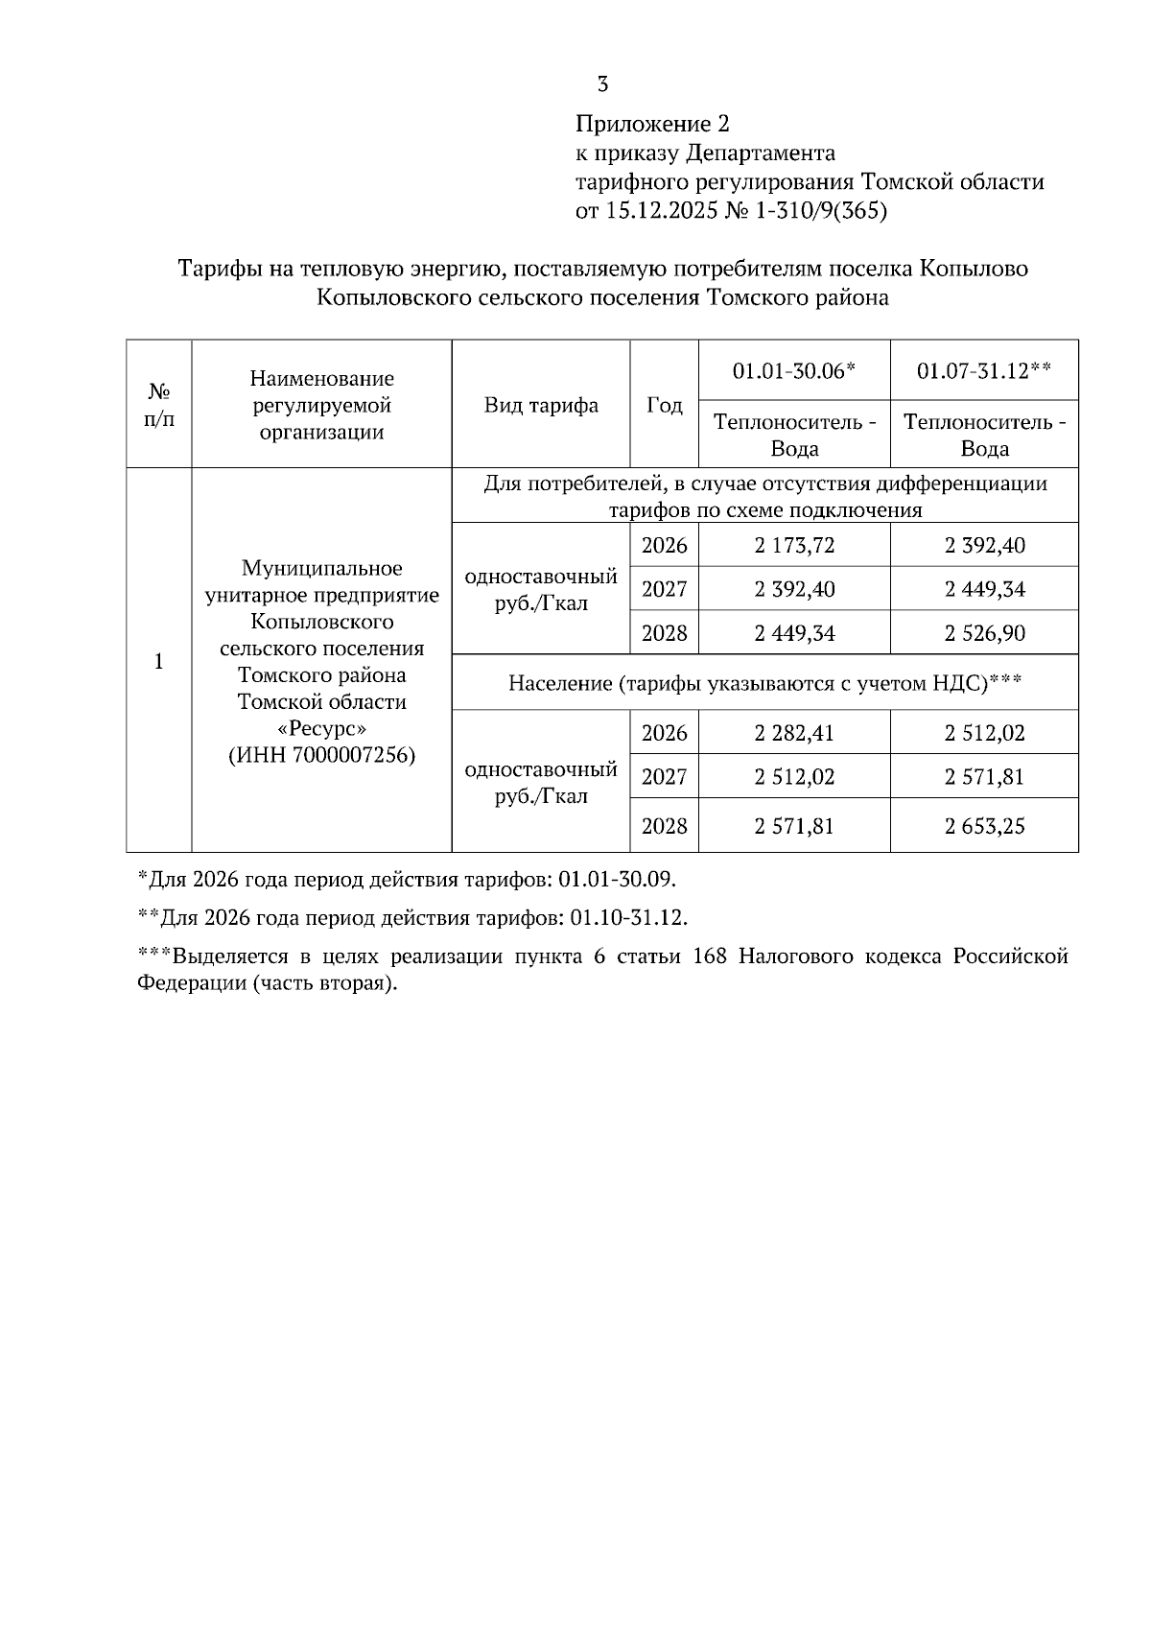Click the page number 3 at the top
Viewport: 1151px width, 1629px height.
coord(602,84)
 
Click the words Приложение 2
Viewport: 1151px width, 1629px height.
coord(652,124)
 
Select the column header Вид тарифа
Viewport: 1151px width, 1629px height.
coord(541,405)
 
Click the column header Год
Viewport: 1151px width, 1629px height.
coord(664,405)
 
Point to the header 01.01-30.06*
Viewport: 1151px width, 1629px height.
coord(793,370)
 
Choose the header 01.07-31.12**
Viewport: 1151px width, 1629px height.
coord(983,370)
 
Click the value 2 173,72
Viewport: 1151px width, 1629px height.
coord(794,546)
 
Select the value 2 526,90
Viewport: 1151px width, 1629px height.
coord(984,633)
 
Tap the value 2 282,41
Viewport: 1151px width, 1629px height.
coord(794,734)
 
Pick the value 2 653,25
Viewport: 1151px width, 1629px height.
coord(984,826)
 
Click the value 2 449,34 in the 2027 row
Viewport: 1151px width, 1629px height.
coord(984,589)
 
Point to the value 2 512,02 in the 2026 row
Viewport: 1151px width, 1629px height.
coord(984,734)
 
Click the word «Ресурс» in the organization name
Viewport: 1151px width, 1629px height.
coord(321,728)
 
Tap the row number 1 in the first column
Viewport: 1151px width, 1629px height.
coord(159,662)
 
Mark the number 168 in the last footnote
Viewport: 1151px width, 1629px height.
coord(710,957)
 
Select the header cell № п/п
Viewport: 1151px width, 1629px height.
coord(159,405)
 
